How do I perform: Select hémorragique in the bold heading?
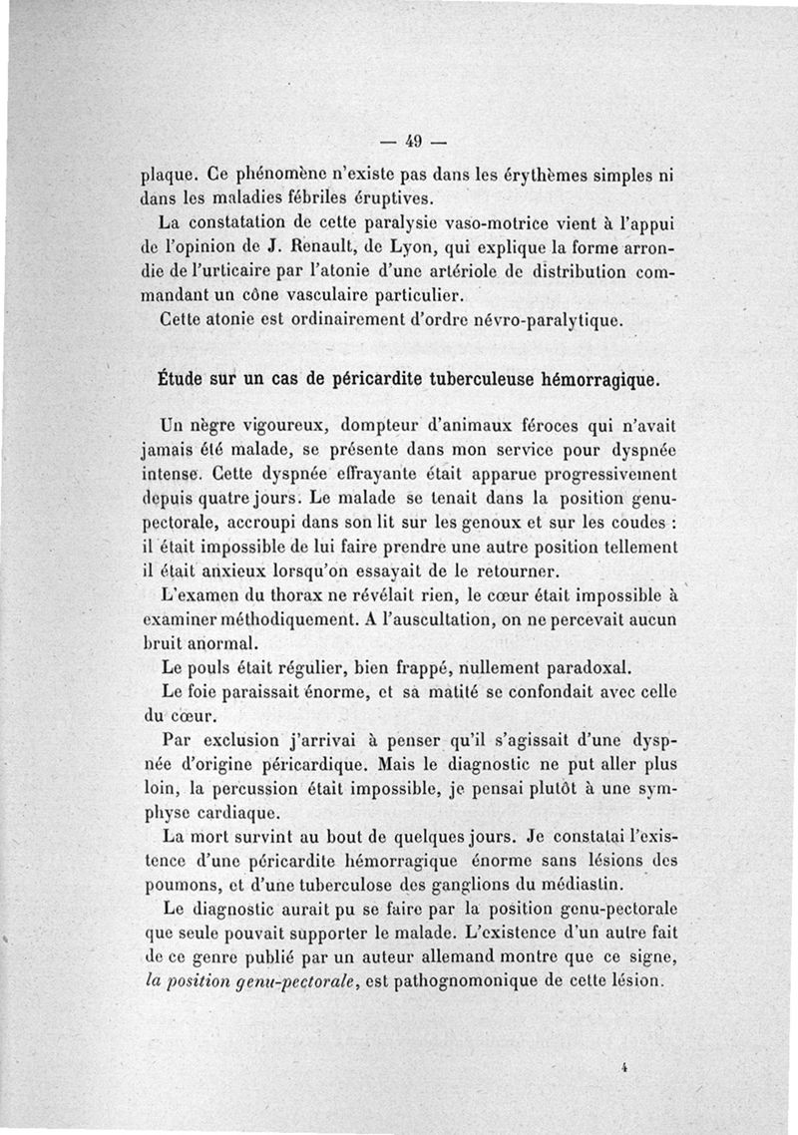(598, 380)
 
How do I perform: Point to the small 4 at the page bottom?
(620, 1066)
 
